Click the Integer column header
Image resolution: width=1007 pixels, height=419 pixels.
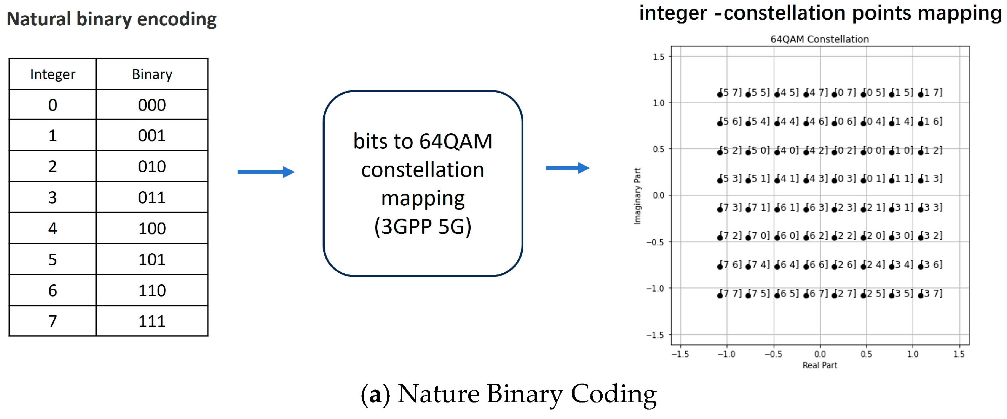coord(52,74)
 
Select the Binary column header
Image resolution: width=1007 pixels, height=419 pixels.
coord(152,74)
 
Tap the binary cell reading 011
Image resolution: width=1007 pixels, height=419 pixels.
coord(152,197)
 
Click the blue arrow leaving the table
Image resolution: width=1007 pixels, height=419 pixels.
coord(266,172)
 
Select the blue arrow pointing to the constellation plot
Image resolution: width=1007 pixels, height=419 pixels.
coord(567,168)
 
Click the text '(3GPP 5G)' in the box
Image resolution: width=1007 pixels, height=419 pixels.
coord(423,226)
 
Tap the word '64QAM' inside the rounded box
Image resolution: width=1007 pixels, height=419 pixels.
coord(456,141)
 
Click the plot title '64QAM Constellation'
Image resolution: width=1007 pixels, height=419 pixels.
coord(819,39)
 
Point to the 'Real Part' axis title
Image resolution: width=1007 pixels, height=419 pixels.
coord(820,365)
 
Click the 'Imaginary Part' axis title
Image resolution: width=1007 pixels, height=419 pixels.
coord(637,196)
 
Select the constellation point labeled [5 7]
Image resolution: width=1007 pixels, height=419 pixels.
coord(720,94)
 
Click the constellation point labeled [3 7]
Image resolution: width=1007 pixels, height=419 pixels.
coord(921,295)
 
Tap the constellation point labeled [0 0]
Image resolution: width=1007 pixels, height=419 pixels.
coord(863,152)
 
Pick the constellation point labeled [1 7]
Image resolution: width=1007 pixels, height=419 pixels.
coord(921,94)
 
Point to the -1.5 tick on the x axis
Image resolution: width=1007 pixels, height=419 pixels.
coord(680,354)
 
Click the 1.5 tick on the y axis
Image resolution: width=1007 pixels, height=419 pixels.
coord(659,57)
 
